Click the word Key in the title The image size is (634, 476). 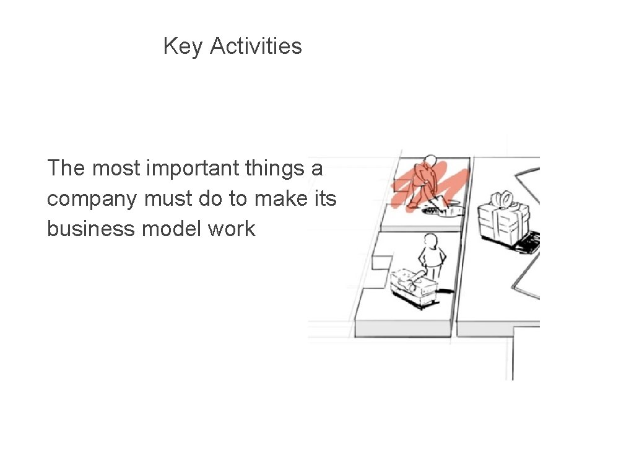point(183,46)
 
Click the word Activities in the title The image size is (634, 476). point(256,46)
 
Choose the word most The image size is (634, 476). point(114,168)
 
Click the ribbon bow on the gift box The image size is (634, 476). point(502,200)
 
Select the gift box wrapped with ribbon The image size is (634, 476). point(503,220)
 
